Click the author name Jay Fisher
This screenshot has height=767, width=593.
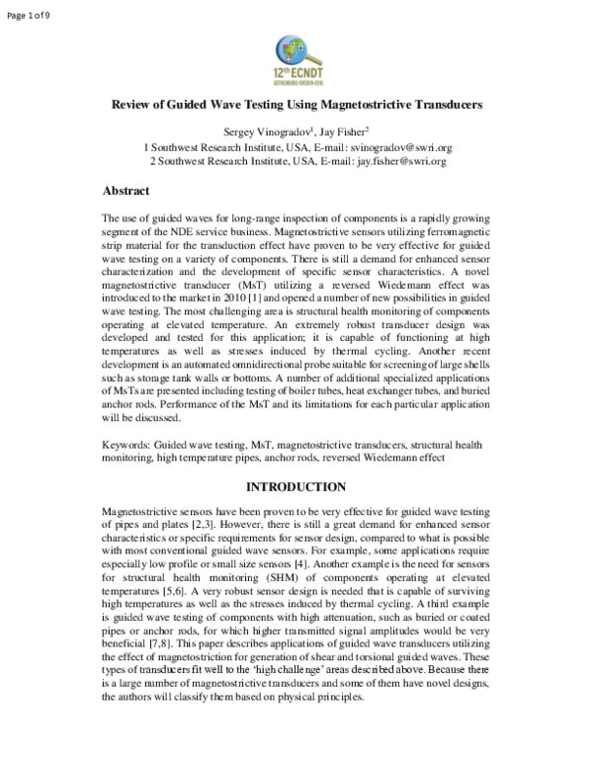(x=344, y=130)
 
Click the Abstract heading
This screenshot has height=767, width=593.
(x=127, y=191)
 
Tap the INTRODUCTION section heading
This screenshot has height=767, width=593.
(x=296, y=487)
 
